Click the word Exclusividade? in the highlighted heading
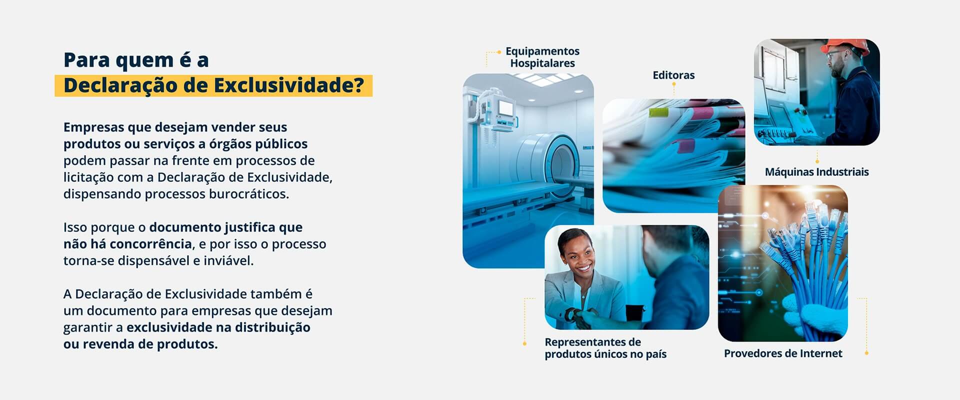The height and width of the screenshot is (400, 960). (x=289, y=86)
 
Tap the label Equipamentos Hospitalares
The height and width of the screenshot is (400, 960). (x=542, y=57)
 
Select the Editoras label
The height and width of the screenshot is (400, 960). (x=673, y=75)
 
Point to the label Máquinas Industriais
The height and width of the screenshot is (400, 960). (x=816, y=172)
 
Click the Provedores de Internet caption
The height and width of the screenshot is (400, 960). (x=783, y=353)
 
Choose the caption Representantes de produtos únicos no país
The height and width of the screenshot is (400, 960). (x=605, y=348)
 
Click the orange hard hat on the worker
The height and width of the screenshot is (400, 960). (x=838, y=47)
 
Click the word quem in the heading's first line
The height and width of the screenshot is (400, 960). (x=138, y=61)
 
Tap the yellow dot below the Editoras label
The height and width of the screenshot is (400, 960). (x=674, y=84)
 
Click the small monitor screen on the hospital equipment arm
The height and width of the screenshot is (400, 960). (x=506, y=107)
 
